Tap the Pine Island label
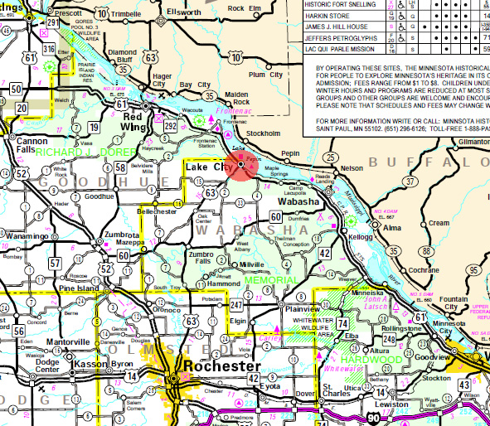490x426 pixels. tap(78, 288)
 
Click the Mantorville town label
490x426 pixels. tap(68, 341)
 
